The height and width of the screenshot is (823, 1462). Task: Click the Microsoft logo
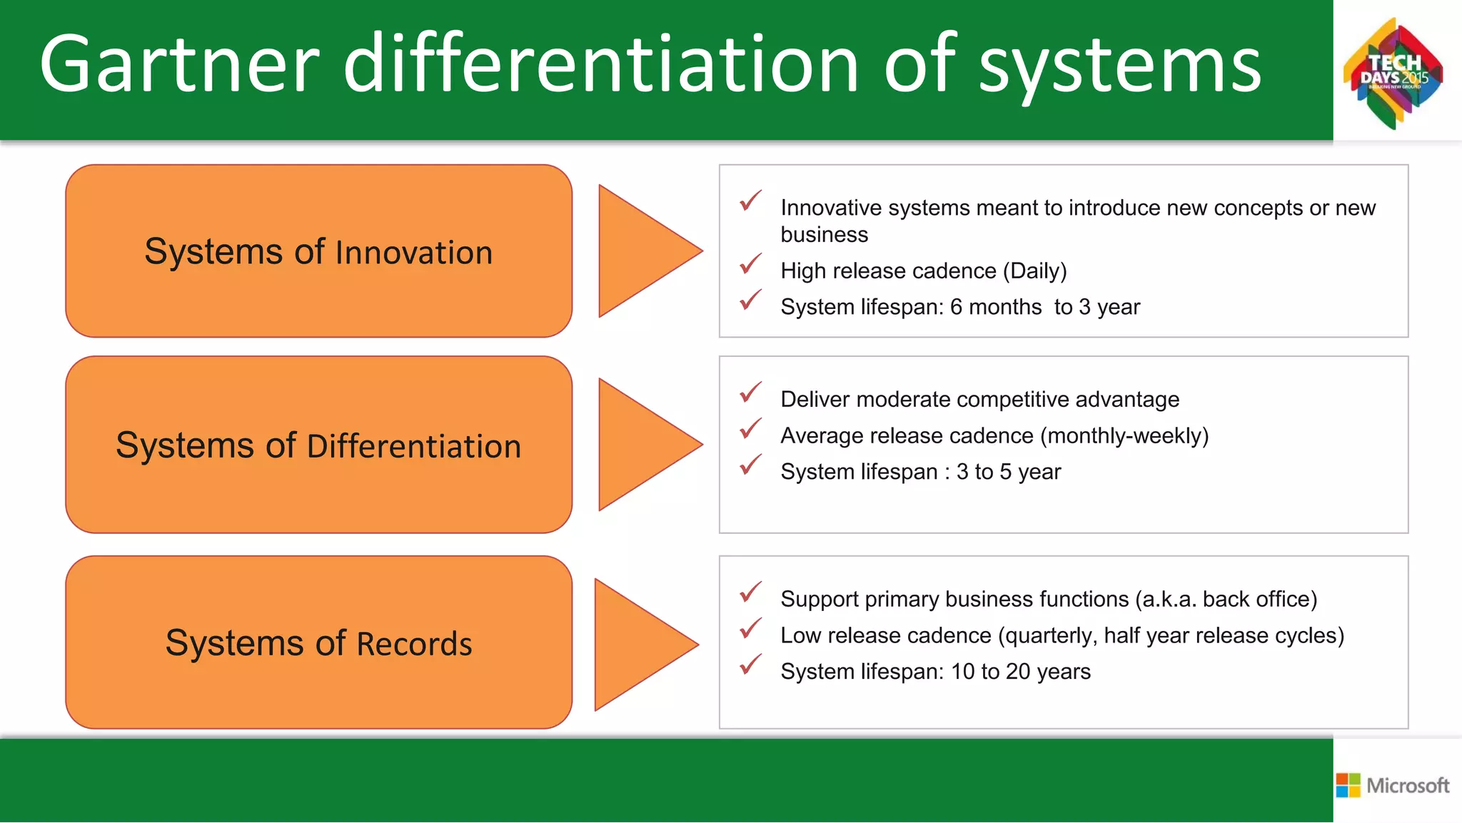click(x=1393, y=785)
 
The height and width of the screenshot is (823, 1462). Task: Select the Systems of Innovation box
click(x=318, y=251)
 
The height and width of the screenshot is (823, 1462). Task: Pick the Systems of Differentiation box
click(x=318, y=445)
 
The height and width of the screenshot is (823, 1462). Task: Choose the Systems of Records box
click(x=318, y=642)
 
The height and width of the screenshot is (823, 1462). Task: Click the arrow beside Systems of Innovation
click(x=642, y=251)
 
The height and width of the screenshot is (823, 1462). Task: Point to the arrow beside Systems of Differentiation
click(x=642, y=445)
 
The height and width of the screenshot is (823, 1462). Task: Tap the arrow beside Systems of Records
click(x=639, y=645)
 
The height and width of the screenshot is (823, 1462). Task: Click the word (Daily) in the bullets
click(x=1034, y=271)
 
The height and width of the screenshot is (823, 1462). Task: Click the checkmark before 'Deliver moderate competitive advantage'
click(x=750, y=393)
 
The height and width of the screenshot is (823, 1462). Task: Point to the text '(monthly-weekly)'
click(x=1124, y=435)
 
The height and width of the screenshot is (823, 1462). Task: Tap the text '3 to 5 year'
click(x=1008, y=472)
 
